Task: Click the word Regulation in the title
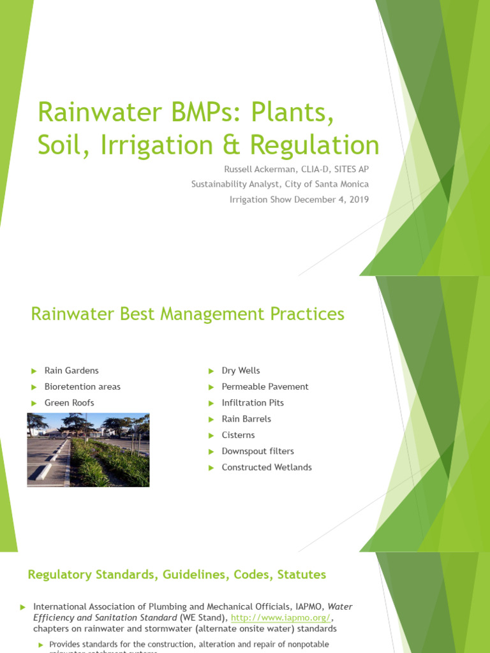[x=315, y=145]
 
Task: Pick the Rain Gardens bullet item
[x=71, y=371]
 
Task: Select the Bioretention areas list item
[x=82, y=386]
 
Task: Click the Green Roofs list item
[x=69, y=402]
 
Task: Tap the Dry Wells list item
[x=241, y=371]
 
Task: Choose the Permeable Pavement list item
[x=265, y=386]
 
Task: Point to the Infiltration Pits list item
[x=253, y=402]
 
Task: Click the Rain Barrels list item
[x=246, y=419]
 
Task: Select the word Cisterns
[x=238, y=435]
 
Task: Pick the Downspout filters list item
[x=258, y=451]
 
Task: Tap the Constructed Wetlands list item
[x=267, y=467]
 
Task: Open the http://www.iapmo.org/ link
[x=281, y=618]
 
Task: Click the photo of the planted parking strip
[x=88, y=450]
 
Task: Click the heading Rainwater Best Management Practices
[x=188, y=314]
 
